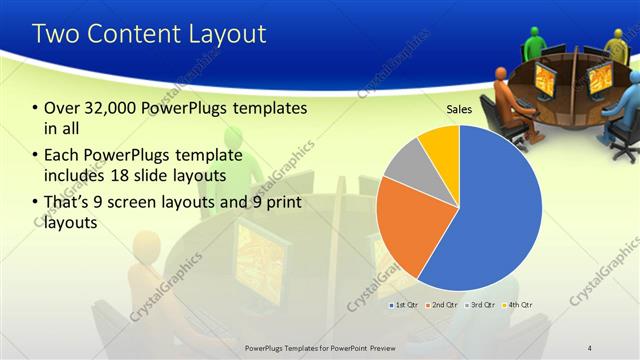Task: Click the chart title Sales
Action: (x=459, y=111)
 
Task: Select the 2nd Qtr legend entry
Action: (x=442, y=303)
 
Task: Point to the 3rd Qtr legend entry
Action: (x=482, y=303)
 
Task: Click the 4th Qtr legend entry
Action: (x=520, y=303)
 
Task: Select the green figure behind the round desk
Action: (x=534, y=41)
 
